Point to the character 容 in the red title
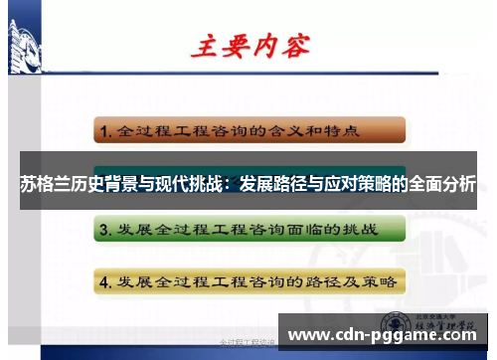point(295,45)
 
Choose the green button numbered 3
point(248,230)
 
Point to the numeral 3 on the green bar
point(103,231)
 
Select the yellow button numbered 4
point(248,280)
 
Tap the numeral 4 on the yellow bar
point(103,281)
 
